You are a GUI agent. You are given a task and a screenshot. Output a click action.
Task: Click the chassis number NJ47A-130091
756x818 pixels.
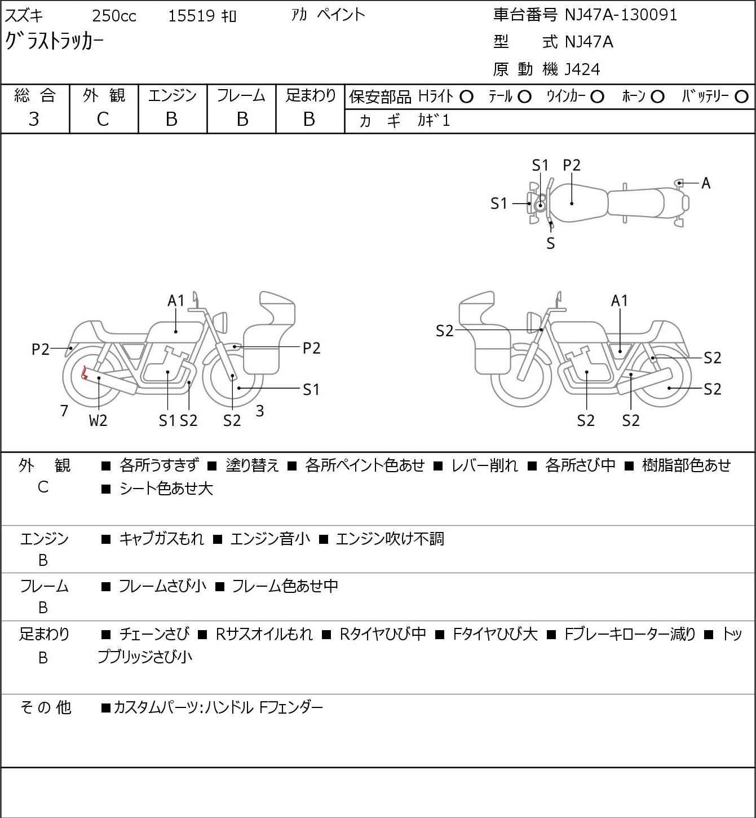pos(621,15)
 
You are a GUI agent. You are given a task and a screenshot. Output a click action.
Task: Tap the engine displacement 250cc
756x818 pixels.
pos(114,16)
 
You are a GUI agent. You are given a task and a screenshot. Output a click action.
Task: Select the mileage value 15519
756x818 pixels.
pos(191,16)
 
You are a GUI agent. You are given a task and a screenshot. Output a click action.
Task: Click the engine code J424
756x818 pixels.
pos(582,69)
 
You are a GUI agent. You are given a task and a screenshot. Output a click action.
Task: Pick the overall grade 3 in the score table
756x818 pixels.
pos(34,119)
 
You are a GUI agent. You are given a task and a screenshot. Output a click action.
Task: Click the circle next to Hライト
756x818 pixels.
pos(466,97)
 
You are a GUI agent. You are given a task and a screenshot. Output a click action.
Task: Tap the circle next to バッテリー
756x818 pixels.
pos(741,97)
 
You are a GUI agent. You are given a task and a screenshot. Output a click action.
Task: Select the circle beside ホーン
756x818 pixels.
pos(657,97)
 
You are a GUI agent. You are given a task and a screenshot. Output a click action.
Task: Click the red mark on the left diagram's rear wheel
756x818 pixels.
pos(85,373)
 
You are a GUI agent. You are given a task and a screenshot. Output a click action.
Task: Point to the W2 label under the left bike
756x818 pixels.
pos(98,420)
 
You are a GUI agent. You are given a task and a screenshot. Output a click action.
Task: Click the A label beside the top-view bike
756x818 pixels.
pos(706,183)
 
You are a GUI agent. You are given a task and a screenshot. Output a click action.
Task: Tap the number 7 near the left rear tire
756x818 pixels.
pos(64,411)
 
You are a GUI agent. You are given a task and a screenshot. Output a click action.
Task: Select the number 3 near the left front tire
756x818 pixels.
pos(259,411)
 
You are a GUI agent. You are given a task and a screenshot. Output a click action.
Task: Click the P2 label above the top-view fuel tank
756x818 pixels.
pos(572,165)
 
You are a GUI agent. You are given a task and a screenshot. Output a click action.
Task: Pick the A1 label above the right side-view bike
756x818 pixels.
pos(620,301)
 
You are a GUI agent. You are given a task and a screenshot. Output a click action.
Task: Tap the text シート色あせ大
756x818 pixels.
pos(166,489)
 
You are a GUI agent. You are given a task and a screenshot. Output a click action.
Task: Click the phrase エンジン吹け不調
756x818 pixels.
pos(390,539)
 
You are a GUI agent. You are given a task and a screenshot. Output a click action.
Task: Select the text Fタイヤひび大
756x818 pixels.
pos(495,634)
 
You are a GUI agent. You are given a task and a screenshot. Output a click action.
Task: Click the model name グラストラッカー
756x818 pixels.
pos(54,41)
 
